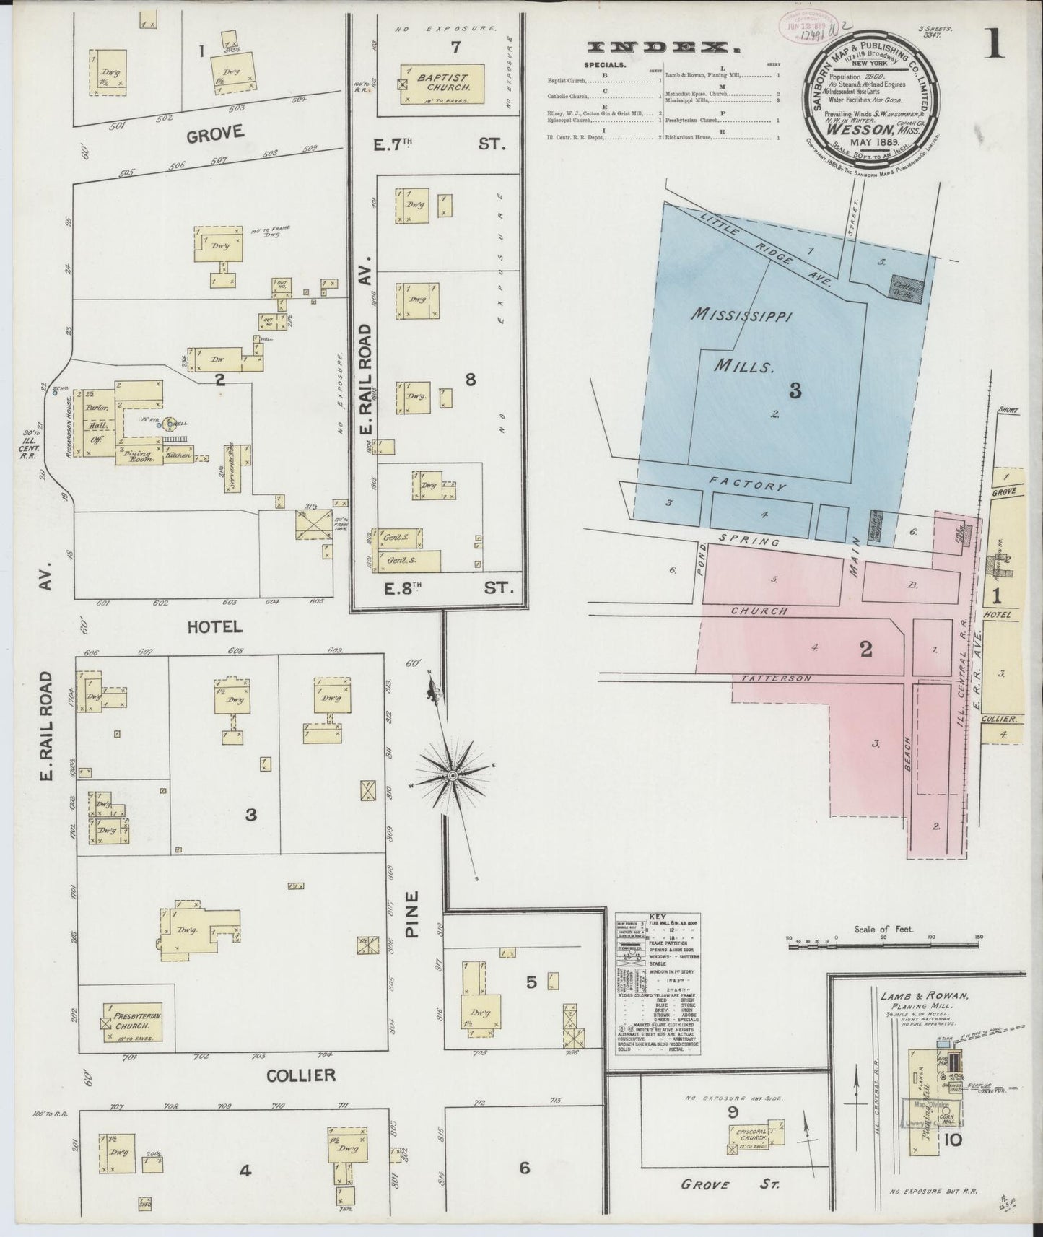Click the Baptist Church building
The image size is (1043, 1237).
442,84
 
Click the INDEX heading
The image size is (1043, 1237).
664,48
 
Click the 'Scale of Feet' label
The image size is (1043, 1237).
883,930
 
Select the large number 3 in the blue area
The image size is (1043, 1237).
795,390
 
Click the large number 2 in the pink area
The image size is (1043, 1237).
866,649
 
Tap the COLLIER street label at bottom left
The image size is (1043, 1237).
301,1075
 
